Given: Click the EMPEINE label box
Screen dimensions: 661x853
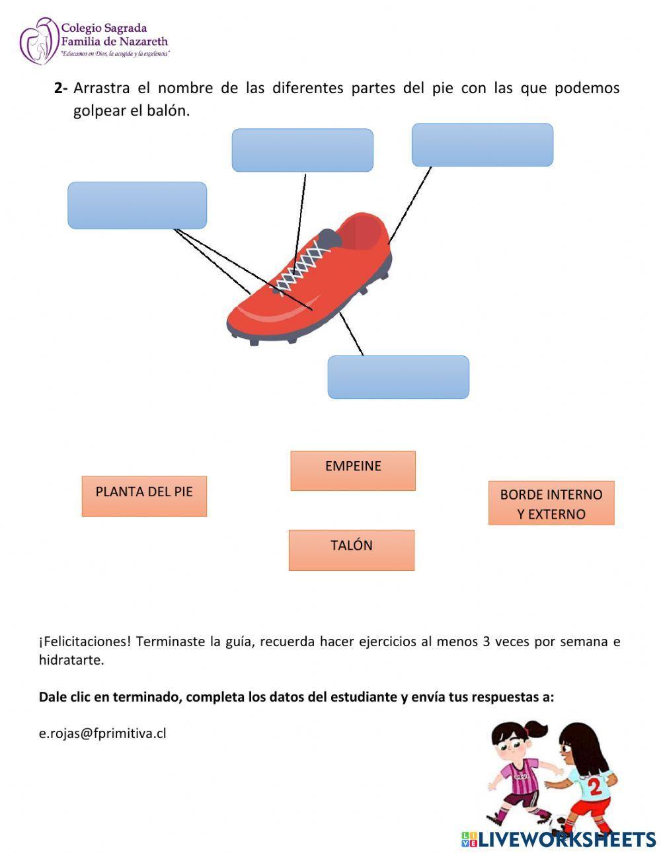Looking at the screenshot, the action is (353, 470).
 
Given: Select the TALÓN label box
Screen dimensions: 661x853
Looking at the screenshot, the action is (351, 549).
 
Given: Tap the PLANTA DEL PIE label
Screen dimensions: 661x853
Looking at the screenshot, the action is (144, 496).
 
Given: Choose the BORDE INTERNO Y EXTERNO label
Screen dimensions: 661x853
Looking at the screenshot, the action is (551, 503).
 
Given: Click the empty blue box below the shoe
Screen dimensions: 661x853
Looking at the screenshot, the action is (398, 377).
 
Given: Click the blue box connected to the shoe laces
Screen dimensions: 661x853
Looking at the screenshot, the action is (302, 150).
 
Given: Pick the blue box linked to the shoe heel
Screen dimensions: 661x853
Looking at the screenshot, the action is (482, 145).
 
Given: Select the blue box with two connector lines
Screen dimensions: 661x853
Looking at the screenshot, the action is (137, 205).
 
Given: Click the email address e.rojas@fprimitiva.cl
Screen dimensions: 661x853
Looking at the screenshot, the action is (102, 733).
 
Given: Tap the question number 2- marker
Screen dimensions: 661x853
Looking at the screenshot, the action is (61, 89).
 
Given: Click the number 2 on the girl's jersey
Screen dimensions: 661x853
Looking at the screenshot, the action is (595, 786).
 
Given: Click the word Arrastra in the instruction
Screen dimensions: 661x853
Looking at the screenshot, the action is (101, 89).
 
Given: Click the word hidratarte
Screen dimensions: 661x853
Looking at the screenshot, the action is (71, 660).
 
